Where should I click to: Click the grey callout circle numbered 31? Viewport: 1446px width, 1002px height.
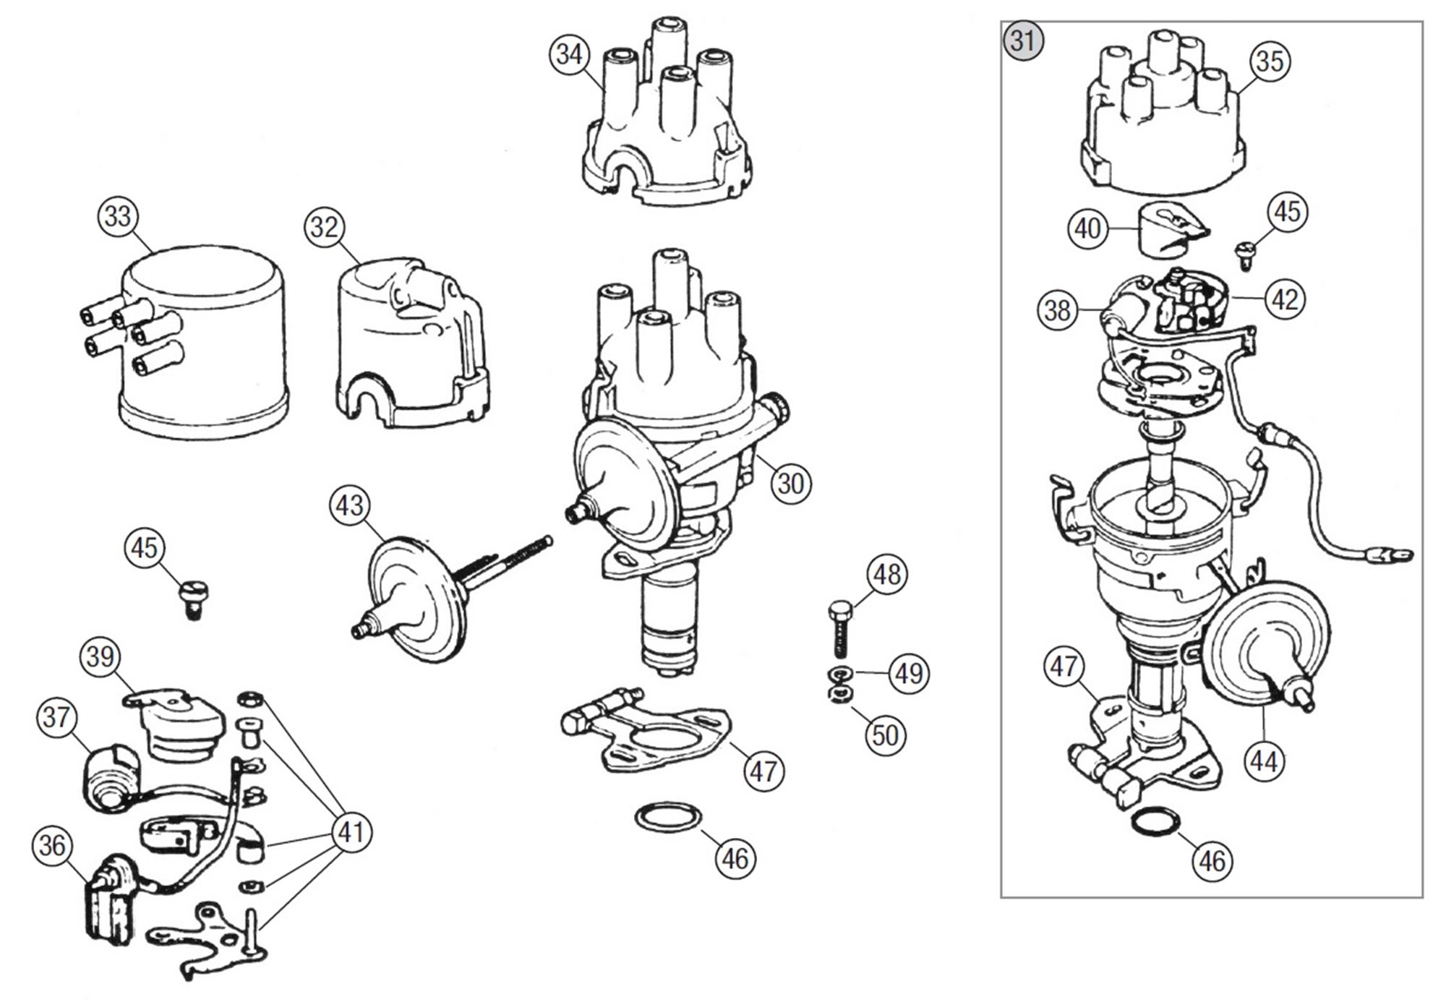point(1023,41)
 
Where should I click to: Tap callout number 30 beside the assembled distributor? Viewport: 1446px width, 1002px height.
point(790,483)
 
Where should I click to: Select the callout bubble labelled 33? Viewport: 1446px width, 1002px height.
point(118,216)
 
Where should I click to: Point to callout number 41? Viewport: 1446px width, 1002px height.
point(351,832)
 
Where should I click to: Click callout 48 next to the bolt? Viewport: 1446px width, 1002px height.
point(887,575)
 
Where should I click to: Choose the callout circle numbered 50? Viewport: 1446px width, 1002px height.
point(886,735)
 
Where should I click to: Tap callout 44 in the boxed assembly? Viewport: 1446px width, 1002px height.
point(1264,761)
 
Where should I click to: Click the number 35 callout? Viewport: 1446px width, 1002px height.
point(1270,61)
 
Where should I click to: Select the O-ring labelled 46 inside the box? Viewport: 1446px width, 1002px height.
point(1155,822)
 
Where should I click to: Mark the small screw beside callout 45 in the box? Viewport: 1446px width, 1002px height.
point(1246,256)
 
